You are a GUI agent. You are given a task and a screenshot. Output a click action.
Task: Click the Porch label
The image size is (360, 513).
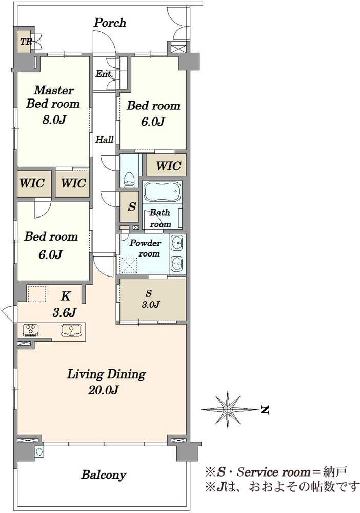[110, 23]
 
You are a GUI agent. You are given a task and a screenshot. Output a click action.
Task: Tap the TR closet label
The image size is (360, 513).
[26, 42]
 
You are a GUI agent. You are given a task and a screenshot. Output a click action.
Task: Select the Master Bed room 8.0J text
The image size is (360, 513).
[53, 104]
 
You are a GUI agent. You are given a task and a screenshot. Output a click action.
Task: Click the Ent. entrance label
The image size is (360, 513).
[104, 74]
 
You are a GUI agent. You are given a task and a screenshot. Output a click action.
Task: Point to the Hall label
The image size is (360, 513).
[104, 140]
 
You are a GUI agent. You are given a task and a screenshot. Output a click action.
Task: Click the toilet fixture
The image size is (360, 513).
[129, 179]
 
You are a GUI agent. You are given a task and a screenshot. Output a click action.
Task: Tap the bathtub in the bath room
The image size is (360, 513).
[162, 191]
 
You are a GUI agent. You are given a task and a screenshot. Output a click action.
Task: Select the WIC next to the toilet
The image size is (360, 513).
[167, 165]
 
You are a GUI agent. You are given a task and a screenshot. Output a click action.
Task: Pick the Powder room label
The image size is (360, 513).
[146, 248]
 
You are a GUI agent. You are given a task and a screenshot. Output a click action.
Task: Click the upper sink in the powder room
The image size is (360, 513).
[177, 243]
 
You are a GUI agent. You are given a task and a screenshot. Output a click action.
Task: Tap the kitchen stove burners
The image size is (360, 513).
[31, 330]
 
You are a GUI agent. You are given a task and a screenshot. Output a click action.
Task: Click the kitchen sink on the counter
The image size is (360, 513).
[71, 330]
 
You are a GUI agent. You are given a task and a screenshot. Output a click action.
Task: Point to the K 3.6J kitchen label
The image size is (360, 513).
[65, 304]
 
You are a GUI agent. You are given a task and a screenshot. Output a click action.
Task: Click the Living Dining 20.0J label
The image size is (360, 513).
[106, 382]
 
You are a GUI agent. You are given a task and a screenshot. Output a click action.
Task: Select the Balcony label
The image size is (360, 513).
[104, 475]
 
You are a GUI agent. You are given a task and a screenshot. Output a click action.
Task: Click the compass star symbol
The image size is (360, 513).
[228, 409]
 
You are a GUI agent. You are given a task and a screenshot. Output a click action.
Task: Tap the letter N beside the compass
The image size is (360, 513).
[265, 409]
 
